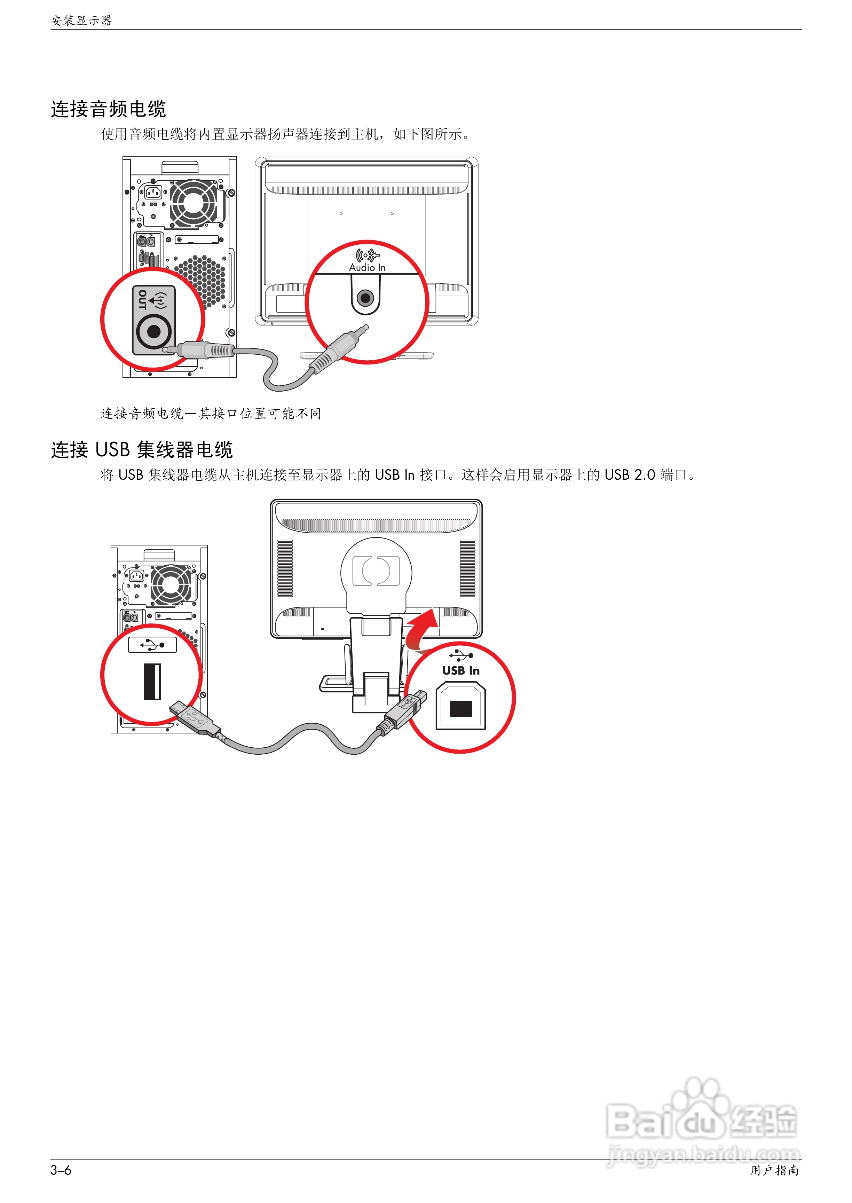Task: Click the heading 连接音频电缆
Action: [109, 109]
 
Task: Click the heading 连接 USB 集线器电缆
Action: [142, 450]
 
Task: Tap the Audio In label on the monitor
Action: [367, 267]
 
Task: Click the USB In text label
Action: [460, 670]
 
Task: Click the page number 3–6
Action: [61, 1170]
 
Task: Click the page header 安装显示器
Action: [81, 21]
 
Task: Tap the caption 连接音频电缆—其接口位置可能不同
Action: [211, 414]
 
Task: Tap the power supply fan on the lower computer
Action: [171, 584]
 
